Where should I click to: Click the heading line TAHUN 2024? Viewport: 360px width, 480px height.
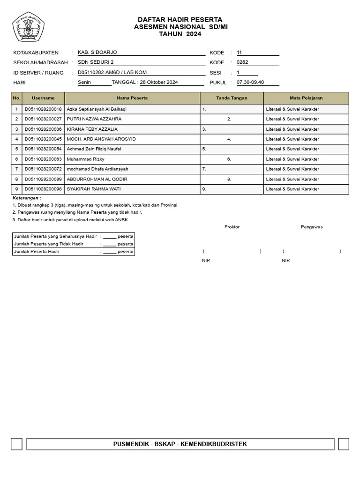[180, 34]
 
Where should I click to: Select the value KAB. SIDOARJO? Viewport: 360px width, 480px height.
[97, 52]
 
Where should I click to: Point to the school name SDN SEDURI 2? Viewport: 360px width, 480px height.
[96, 62]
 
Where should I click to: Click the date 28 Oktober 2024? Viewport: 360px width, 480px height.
[159, 82]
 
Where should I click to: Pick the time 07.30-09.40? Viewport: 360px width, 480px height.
[250, 82]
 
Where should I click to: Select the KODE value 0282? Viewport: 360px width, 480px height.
[242, 62]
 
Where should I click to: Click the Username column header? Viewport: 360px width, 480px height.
[43, 98]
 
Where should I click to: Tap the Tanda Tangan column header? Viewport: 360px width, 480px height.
[232, 98]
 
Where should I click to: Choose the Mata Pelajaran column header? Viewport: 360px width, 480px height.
[306, 98]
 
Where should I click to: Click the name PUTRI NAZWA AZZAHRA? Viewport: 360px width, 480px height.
[94, 119]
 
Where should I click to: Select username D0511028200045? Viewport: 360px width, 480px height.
[43, 139]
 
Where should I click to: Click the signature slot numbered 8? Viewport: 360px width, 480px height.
[229, 179]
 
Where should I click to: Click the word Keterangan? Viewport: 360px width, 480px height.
[27, 198]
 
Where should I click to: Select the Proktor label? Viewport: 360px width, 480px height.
[232, 227]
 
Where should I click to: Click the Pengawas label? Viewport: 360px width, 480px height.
[312, 227]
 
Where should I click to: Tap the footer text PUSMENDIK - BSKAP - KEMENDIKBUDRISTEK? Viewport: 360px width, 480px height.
[180, 444]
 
